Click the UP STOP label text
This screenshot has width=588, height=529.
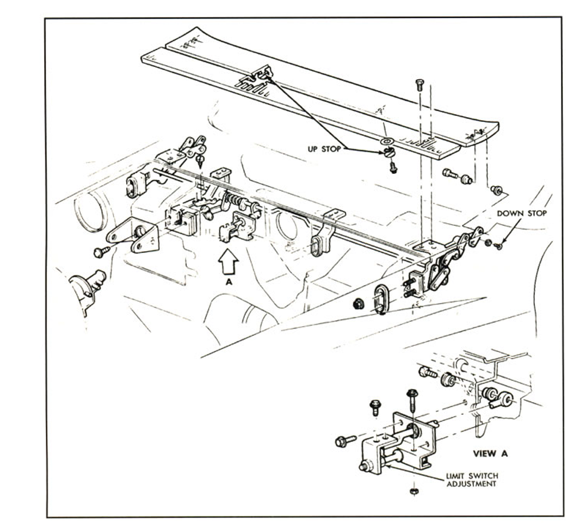point(324,149)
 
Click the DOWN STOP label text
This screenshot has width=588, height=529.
point(522,213)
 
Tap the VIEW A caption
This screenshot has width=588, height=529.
point(490,454)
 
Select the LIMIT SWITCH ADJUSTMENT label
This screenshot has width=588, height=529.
point(472,480)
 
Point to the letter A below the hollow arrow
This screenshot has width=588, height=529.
point(229,283)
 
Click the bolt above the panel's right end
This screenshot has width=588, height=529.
point(420,85)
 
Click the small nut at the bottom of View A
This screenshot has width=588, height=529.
point(414,491)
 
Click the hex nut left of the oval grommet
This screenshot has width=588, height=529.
point(359,303)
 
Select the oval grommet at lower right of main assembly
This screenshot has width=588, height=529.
point(381,299)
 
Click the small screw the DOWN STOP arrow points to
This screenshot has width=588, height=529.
point(499,246)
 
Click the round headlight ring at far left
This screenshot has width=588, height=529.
point(89,211)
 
